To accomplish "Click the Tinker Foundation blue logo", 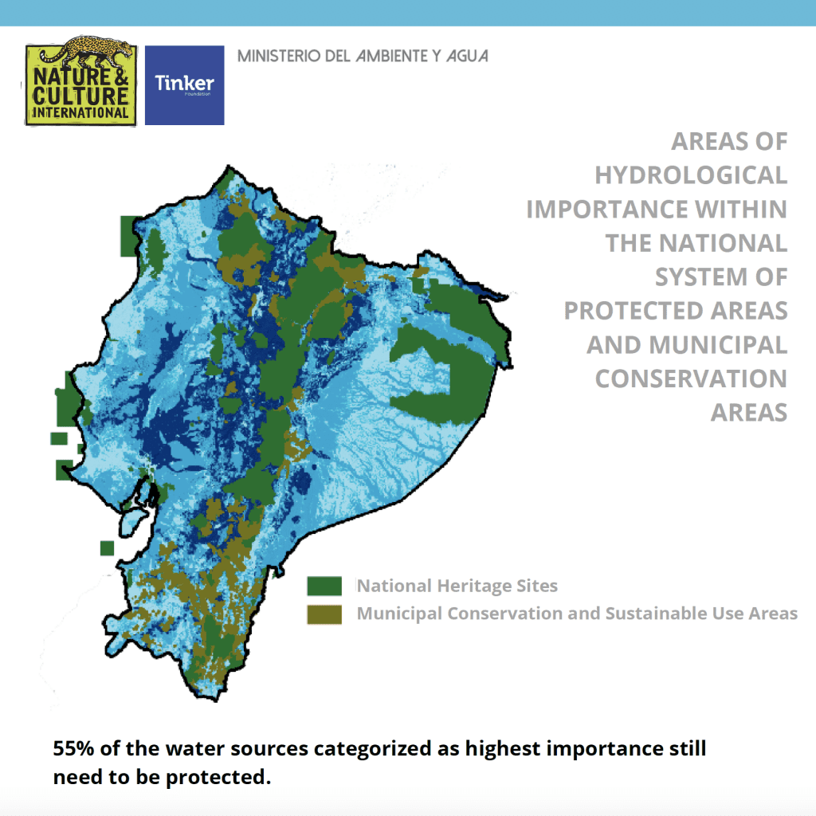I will point(184,84).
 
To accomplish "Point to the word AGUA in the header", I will point(466,57).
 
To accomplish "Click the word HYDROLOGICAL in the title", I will point(690,175).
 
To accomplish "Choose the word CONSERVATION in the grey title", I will point(691,379).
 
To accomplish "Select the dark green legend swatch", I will point(324,586).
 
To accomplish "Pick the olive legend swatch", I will point(324,614).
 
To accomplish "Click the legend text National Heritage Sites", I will point(457,586).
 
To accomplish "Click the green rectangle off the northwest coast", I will point(127,235).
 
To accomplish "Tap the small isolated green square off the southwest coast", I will point(107,548).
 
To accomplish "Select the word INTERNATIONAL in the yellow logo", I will point(79,113).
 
